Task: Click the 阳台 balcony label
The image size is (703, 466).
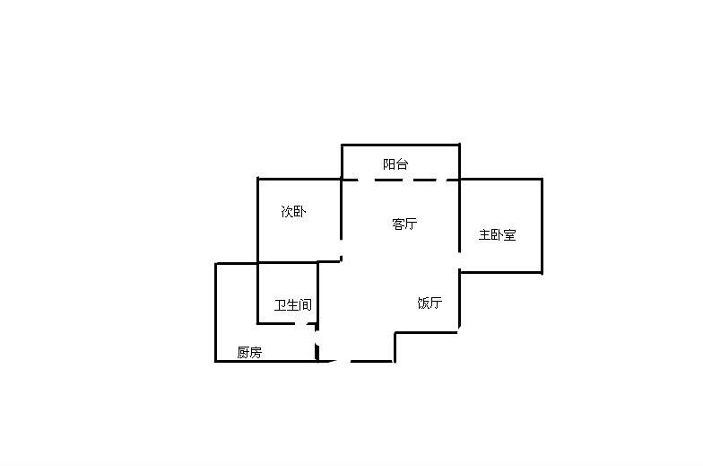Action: (395, 164)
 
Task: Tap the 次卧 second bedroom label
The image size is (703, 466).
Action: (293, 213)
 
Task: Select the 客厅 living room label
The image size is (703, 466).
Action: (404, 224)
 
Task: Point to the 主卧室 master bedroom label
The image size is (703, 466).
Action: (497, 235)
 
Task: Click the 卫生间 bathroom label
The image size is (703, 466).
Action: (292, 305)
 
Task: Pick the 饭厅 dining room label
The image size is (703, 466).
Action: (430, 303)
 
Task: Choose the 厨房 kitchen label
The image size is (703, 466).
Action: (249, 353)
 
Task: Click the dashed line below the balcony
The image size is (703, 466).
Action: (401, 180)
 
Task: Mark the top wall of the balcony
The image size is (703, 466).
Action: (401, 145)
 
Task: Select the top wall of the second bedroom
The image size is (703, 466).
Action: (299, 179)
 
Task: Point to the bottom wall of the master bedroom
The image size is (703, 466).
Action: (501, 274)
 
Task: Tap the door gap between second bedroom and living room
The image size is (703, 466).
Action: (341, 250)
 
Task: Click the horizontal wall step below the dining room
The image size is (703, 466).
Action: (427, 332)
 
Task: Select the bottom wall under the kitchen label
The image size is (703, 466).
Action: (266, 361)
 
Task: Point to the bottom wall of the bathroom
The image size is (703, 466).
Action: (287, 322)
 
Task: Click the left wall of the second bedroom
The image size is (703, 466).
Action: (258, 220)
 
